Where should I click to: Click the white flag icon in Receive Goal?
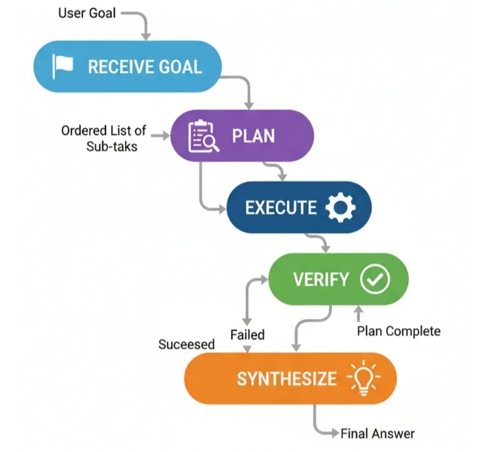click(x=63, y=66)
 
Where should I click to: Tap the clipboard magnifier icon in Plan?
click(x=202, y=135)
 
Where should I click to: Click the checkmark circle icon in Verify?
click(x=375, y=279)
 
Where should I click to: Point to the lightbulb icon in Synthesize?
click(x=365, y=378)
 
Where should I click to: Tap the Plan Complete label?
click(x=399, y=331)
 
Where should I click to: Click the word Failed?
click(x=247, y=335)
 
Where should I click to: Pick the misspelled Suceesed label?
click(x=186, y=344)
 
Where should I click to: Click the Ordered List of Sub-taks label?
click(x=104, y=137)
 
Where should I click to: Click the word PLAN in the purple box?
click(x=254, y=136)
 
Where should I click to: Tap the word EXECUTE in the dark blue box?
click(x=281, y=208)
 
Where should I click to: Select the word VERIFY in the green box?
click(x=320, y=280)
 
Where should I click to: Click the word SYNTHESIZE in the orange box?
click(x=286, y=378)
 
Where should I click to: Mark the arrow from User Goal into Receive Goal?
click(x=146, y=32)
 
